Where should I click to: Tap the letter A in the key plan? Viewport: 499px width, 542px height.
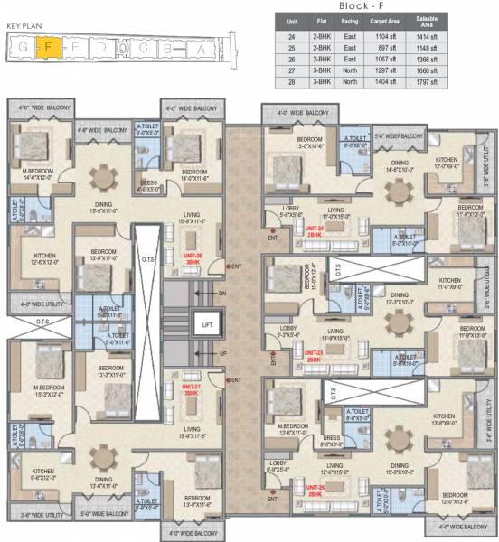point(201,49)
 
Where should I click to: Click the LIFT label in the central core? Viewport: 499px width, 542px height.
point(207,322)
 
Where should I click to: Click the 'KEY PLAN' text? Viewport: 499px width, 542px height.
point(24,26)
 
